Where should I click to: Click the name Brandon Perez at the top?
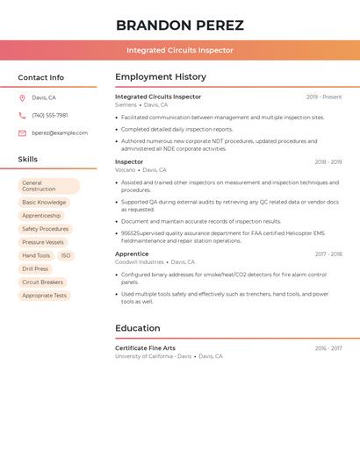(180, 25)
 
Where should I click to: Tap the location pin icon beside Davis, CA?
(22, 98)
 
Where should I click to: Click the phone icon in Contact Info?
(22, 115)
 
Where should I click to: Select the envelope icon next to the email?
(22, 133)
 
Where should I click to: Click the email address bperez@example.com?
(60, 133)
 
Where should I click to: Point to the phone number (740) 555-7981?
(50, 115)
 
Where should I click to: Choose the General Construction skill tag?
(48, 186)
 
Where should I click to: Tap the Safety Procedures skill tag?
(45, 229)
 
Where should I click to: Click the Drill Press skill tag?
(35, 268)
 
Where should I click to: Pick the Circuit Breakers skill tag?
(42, 282)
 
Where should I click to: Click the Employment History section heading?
(161, 77)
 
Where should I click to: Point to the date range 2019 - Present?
(324, 97)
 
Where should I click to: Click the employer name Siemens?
(126, 104)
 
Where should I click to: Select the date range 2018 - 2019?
(328, 162)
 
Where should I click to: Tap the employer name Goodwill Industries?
(139, 261)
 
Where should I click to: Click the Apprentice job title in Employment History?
(132, 254)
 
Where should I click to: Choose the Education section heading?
(138, 328)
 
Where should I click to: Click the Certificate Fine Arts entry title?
(145, 348)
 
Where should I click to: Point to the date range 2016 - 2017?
(328, 348)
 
